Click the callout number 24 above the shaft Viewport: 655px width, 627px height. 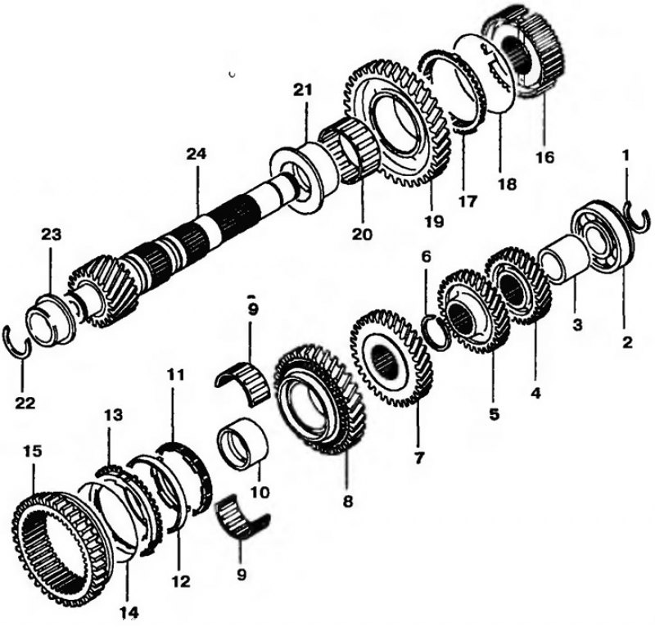(x=196, y=154)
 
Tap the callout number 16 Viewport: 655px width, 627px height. (x=545, y=157)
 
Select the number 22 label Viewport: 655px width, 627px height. (x=25, y=404)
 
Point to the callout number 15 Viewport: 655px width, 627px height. (x=34, y=452)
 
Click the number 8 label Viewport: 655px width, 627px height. (x=347, y=500)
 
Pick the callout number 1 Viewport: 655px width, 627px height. (x=626, y=156)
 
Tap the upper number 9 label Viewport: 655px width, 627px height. (x=253, y=309)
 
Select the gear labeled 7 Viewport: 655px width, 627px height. (x=393, y=360)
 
